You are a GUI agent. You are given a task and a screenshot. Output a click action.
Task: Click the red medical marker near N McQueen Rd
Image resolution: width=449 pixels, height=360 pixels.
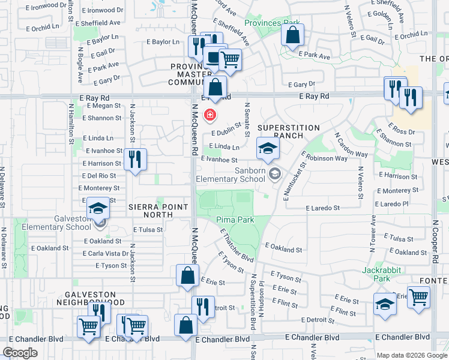click(210, 114)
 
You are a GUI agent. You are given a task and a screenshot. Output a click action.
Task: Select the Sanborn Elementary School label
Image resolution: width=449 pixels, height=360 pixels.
click(231, 175)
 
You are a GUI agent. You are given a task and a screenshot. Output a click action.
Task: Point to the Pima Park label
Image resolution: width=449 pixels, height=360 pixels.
click(235, 220)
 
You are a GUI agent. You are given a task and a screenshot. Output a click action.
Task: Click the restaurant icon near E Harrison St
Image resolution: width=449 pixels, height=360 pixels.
click(135, 160)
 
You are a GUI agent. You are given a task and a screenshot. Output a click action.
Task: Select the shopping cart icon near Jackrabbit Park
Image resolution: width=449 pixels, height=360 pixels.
click(418, 297)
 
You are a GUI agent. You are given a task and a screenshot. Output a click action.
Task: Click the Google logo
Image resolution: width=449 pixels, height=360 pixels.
click(20, 353)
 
